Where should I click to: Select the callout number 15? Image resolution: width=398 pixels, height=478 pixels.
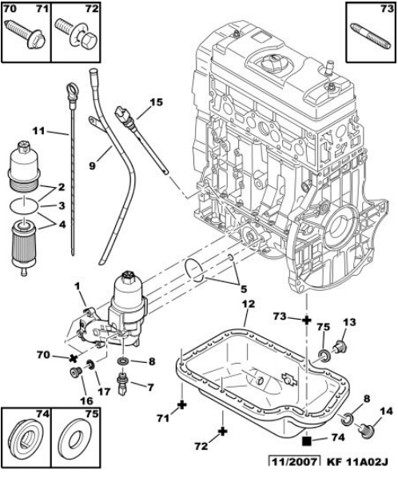point(157,102)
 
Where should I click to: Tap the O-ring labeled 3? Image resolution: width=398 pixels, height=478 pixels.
point(24,205)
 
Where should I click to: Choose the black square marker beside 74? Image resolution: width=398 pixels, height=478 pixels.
point(307,440)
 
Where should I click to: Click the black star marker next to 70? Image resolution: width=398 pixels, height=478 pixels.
point(73,358)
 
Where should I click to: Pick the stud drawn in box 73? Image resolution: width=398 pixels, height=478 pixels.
point(370,35)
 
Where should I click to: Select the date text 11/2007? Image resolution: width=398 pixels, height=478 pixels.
point(294,462)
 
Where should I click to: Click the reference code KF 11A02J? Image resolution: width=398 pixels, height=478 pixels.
point(357,462)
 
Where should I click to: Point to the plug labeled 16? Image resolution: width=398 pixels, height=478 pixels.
point(75,372)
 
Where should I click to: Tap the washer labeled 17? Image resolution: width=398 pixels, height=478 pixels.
point(90,364)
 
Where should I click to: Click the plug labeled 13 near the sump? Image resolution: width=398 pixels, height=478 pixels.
point(340,347)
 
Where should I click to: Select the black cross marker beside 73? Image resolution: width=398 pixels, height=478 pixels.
point(307,320)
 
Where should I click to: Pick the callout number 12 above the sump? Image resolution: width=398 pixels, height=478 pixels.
point(249,304)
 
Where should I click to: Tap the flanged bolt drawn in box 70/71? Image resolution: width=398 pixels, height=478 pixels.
point(26,34)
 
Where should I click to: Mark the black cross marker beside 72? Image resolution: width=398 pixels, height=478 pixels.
point(223,431)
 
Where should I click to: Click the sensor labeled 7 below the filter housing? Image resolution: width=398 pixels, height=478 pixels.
point(123,383)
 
